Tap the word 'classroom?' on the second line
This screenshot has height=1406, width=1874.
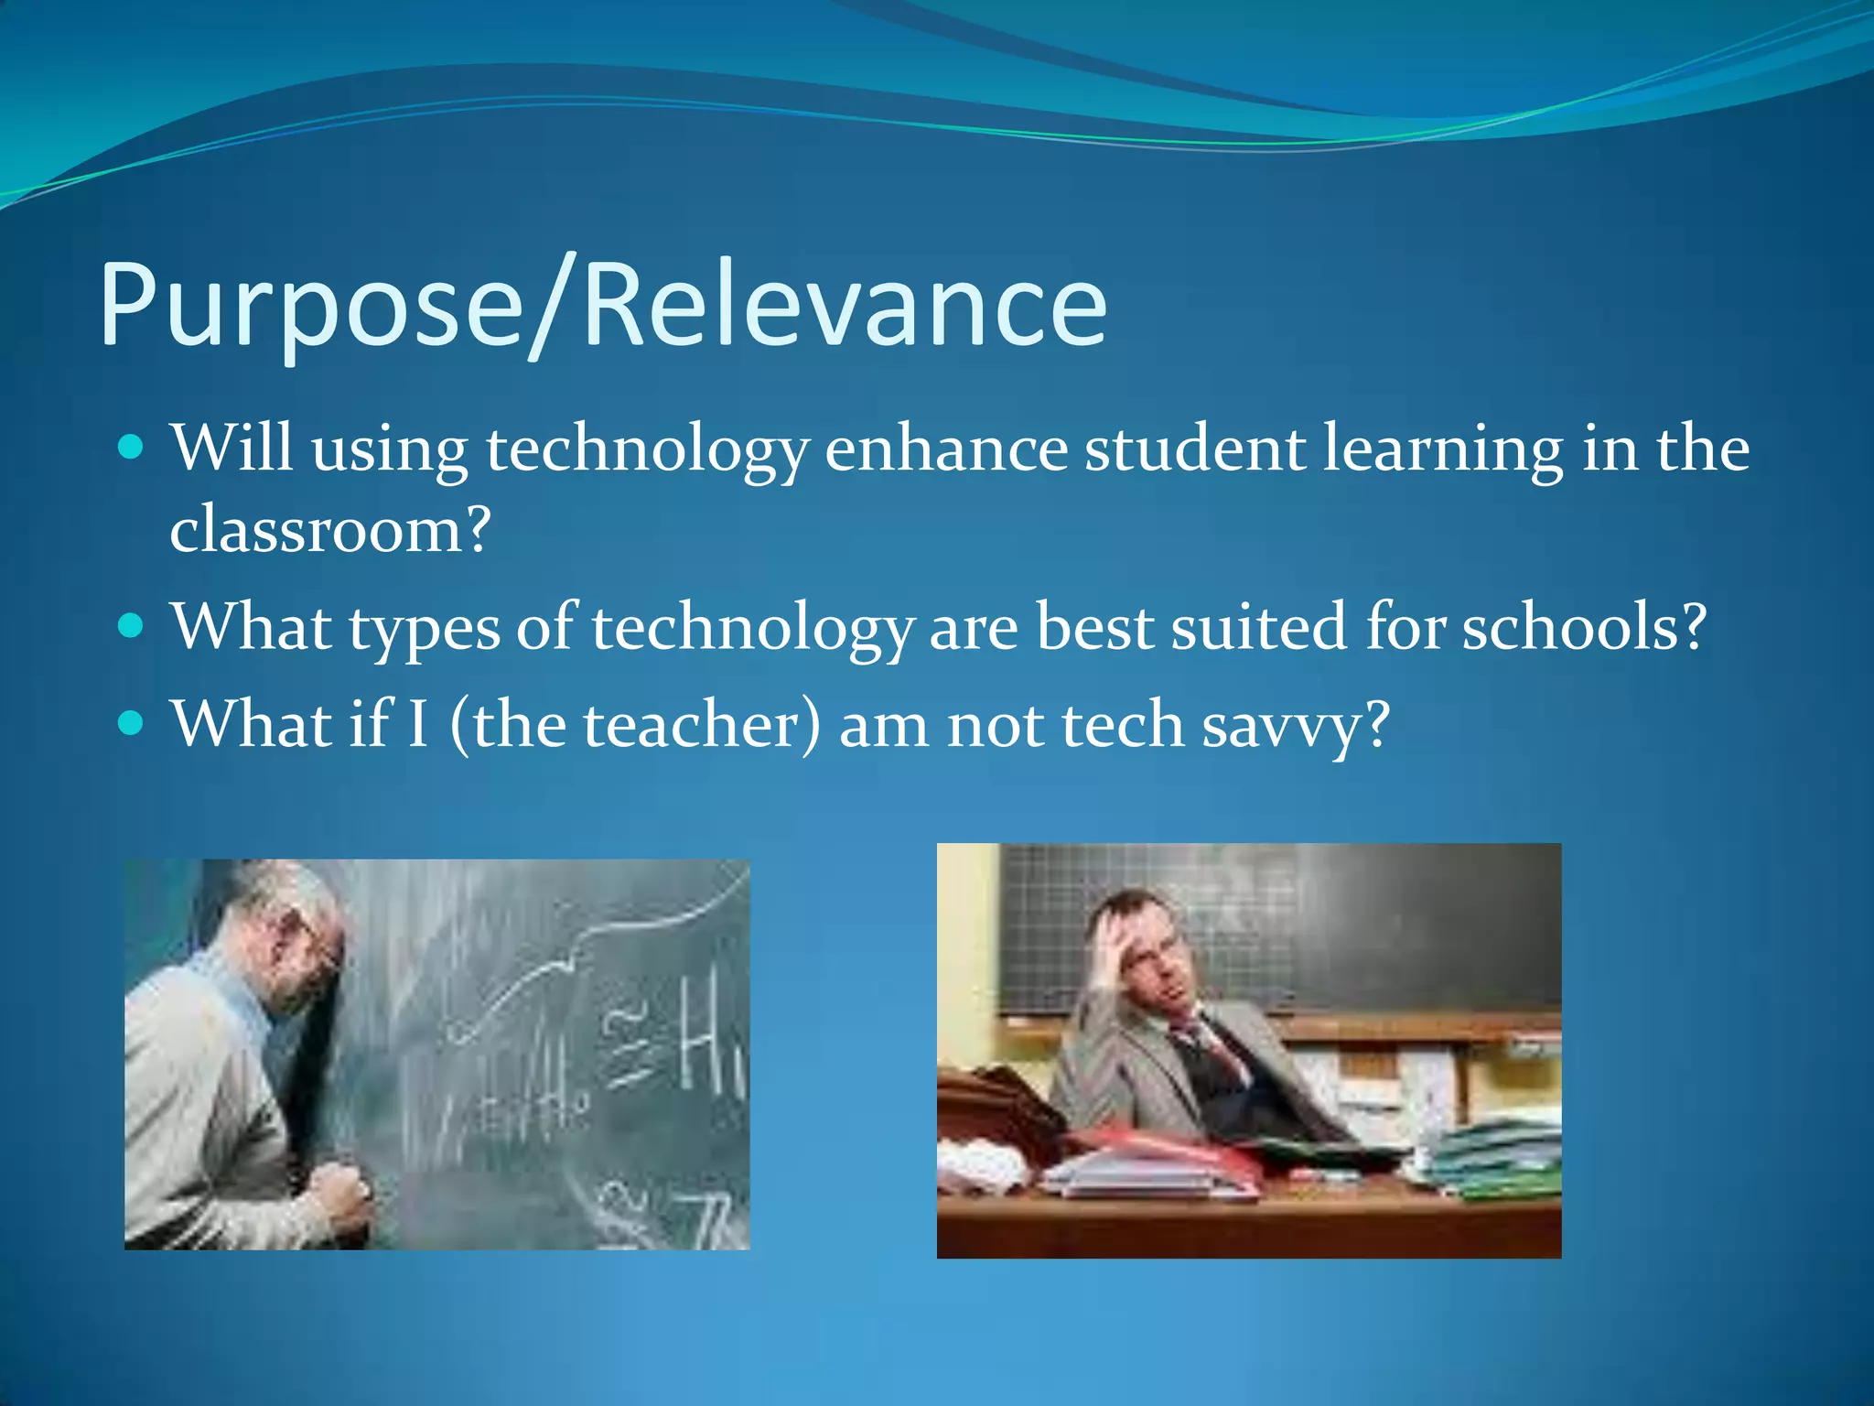(330, 529)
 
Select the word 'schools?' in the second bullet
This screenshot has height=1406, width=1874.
(1583, 627)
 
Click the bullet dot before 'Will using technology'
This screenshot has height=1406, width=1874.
(132, 448)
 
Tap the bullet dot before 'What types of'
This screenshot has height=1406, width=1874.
(132, 626)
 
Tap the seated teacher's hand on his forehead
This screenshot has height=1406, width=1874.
(1112, 943)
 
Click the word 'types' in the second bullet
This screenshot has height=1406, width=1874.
(425, 629)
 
